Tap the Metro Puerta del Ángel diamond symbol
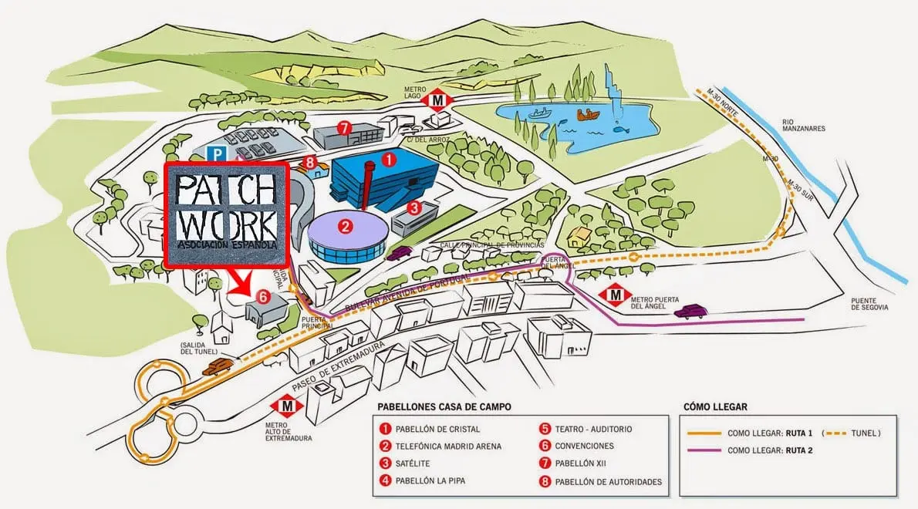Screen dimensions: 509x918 [x=616, y=294]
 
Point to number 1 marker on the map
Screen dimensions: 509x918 [x=390, y=160]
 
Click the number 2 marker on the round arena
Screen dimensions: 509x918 [x=346, y=226]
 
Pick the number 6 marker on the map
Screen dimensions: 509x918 [x=262, y=296]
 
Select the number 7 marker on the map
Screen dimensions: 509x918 [x=344, y=127]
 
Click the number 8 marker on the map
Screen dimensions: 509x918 [x=310, y=163]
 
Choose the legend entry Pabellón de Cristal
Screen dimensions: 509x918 [x=437, y=429]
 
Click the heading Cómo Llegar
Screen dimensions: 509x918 [x=715, y=406]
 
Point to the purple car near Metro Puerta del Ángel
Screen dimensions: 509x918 [x=690, y=312]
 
